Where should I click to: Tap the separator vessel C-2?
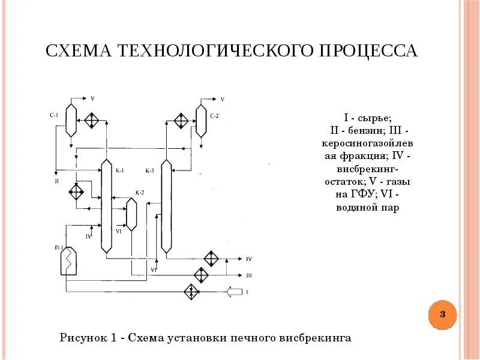[200, 119]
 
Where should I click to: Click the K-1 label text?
[119, 171]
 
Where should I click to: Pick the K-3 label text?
[149, 171]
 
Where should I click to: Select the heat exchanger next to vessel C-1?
[92, 119]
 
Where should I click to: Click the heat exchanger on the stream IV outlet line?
[210, 259]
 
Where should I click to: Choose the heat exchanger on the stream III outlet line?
[200, 275]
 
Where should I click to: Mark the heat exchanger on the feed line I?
[193, 292]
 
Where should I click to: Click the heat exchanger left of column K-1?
[77, 193]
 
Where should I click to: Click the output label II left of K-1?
[56, 179]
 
